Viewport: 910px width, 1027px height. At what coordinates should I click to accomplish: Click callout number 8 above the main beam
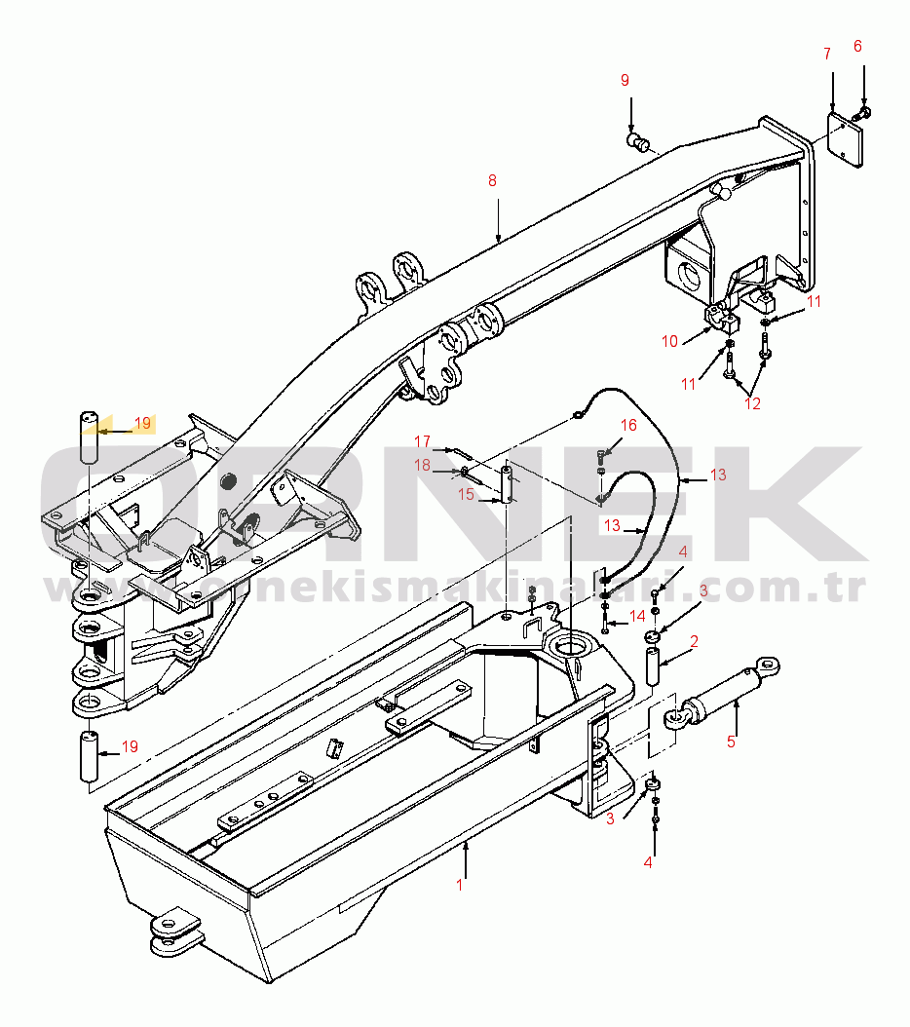click(492, 180)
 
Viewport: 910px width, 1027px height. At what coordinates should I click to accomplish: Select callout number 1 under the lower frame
click(461, 886)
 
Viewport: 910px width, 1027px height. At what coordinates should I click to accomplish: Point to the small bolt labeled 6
click(862, 114)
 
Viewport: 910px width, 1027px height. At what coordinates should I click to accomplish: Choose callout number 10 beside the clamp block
click(670, 341)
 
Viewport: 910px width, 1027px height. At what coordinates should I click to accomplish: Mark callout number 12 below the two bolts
click(752, 403)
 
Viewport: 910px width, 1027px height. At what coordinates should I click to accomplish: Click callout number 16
click(629, 425)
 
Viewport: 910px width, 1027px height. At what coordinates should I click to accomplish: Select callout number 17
click(422, 440)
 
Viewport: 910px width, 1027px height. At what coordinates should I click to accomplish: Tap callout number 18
click(422, 466)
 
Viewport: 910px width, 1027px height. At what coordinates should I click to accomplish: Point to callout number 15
click(467, 494)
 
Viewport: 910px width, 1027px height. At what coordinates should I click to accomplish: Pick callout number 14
click(637, 616)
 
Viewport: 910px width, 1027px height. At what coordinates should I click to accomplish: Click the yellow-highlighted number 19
click(142, 424)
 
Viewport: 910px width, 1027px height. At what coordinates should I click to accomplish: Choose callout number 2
click(695, 641)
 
